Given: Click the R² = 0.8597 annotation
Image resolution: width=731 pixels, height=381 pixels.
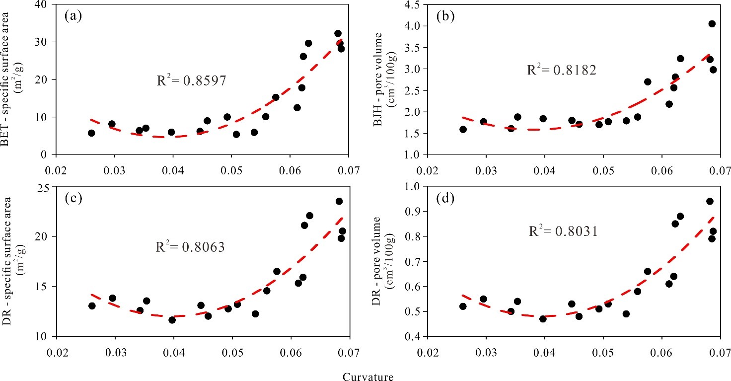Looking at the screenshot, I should (x=192, y=80).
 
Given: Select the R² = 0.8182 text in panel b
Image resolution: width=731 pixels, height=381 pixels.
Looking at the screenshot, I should (x=562, y=70).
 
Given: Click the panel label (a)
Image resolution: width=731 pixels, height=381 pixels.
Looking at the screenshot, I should (x=73, y=15).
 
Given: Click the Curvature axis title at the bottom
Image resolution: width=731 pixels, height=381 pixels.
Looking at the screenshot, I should (x=368, y=377).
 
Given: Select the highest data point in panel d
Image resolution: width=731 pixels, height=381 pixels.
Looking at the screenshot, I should (x=710, y=201).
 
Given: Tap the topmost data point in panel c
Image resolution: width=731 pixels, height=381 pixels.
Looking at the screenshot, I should (x=339, y=201).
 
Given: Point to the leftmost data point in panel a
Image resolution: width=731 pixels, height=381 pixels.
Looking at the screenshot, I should (x=91, y=133).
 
